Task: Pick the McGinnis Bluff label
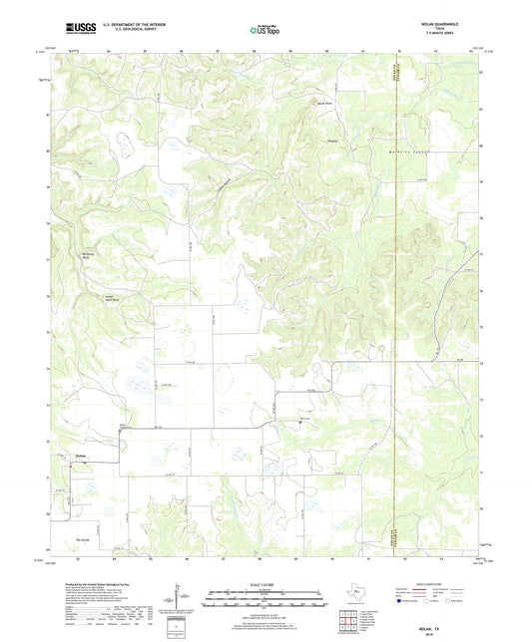87,254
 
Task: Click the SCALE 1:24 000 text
265,585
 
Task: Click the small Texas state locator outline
355,597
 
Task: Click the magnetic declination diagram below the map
178,601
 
